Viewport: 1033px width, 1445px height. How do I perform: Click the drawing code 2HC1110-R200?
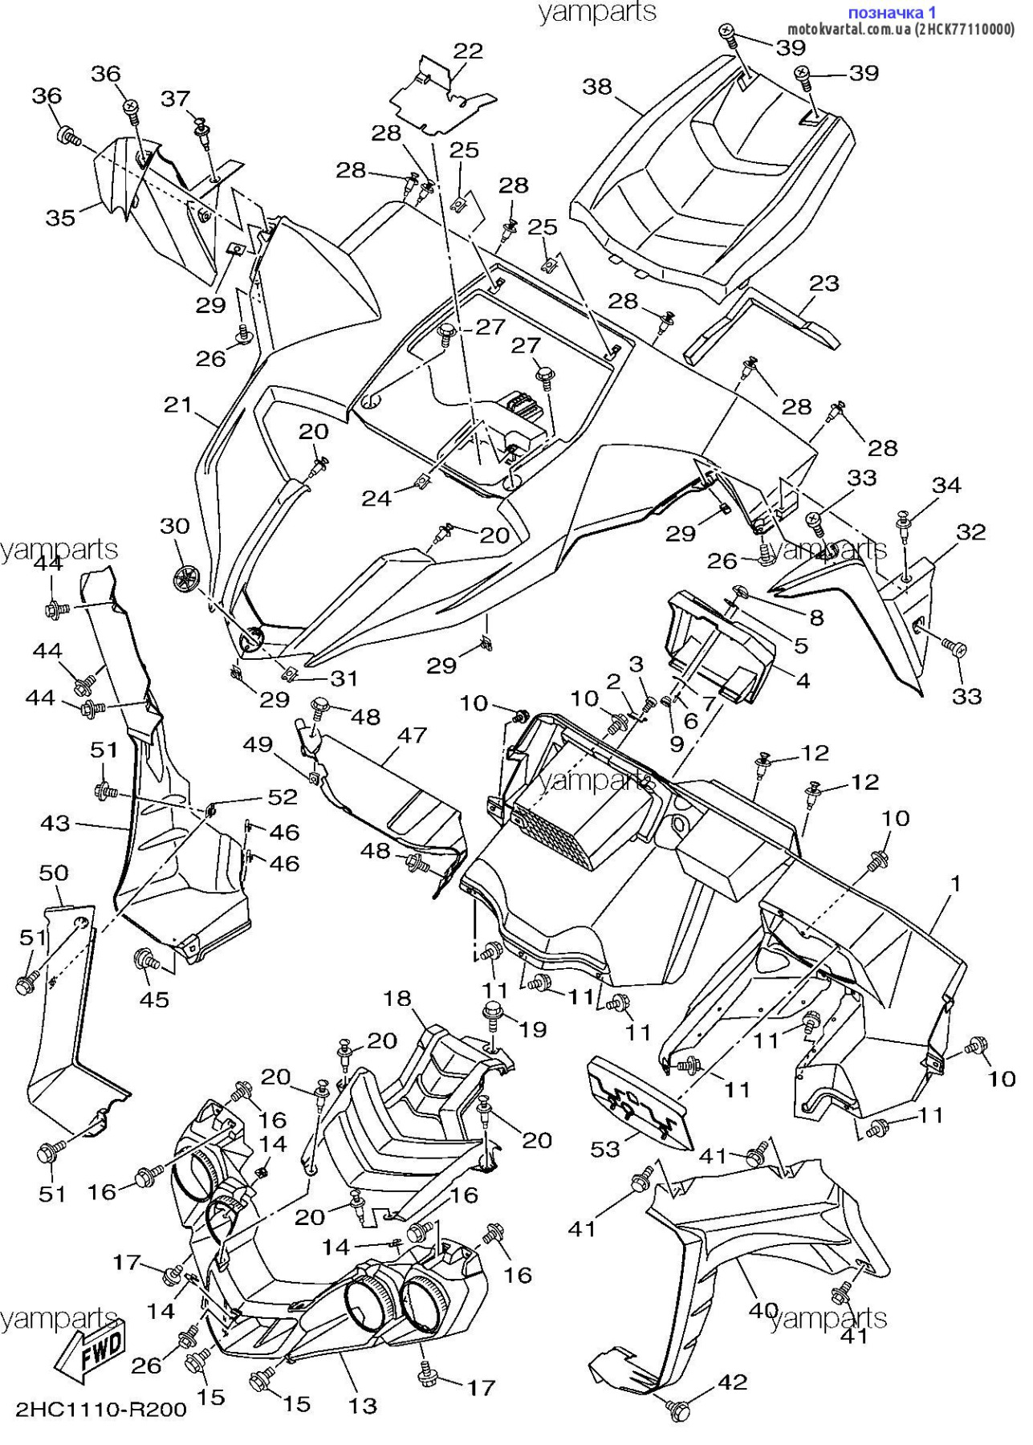101,1410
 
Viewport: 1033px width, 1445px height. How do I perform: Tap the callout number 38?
597,86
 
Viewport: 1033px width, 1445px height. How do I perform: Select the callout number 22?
469,51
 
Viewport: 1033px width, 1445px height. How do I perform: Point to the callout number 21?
178,405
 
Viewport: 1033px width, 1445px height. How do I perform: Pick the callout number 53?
605,1149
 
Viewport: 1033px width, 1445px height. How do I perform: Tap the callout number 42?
732,1382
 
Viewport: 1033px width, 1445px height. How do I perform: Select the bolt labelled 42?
679,1409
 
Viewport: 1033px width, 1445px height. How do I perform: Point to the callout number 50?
54,873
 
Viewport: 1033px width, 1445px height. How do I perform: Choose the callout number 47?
412,735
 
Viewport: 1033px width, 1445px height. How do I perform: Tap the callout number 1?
956,883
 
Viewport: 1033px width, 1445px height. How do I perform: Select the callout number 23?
824,283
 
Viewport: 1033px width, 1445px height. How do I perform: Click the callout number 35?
61,218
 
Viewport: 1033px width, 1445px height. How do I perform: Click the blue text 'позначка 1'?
892,12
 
